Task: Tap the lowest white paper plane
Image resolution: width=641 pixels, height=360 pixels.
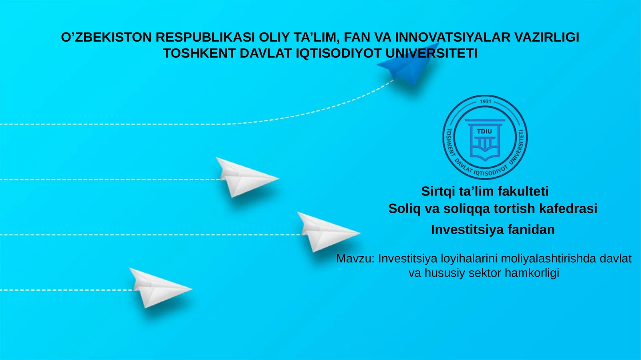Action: pos(158,287)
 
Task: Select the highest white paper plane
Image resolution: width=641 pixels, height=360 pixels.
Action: pos(242,177)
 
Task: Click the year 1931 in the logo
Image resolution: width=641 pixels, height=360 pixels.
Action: pos(485,101)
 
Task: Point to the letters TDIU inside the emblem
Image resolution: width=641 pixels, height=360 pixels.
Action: pos(484,131)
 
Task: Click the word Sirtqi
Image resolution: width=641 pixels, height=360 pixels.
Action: pos(438,191)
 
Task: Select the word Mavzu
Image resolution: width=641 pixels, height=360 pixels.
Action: pos(354,259)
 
